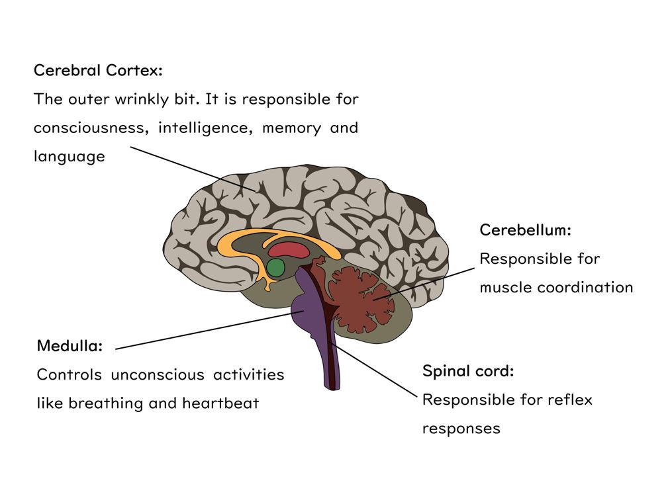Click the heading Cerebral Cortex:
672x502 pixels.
[98, 70]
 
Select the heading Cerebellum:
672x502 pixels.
[525, 230]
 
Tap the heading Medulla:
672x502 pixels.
[70, 345]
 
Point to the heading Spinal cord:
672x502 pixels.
[467, 371]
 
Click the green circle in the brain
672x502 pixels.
[275, 268]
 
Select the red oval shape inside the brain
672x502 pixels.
[289, 250]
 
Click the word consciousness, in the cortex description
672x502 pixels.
[91, 128]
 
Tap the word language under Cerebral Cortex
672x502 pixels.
[69, 157]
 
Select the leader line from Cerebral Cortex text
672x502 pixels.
[192, 169]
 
